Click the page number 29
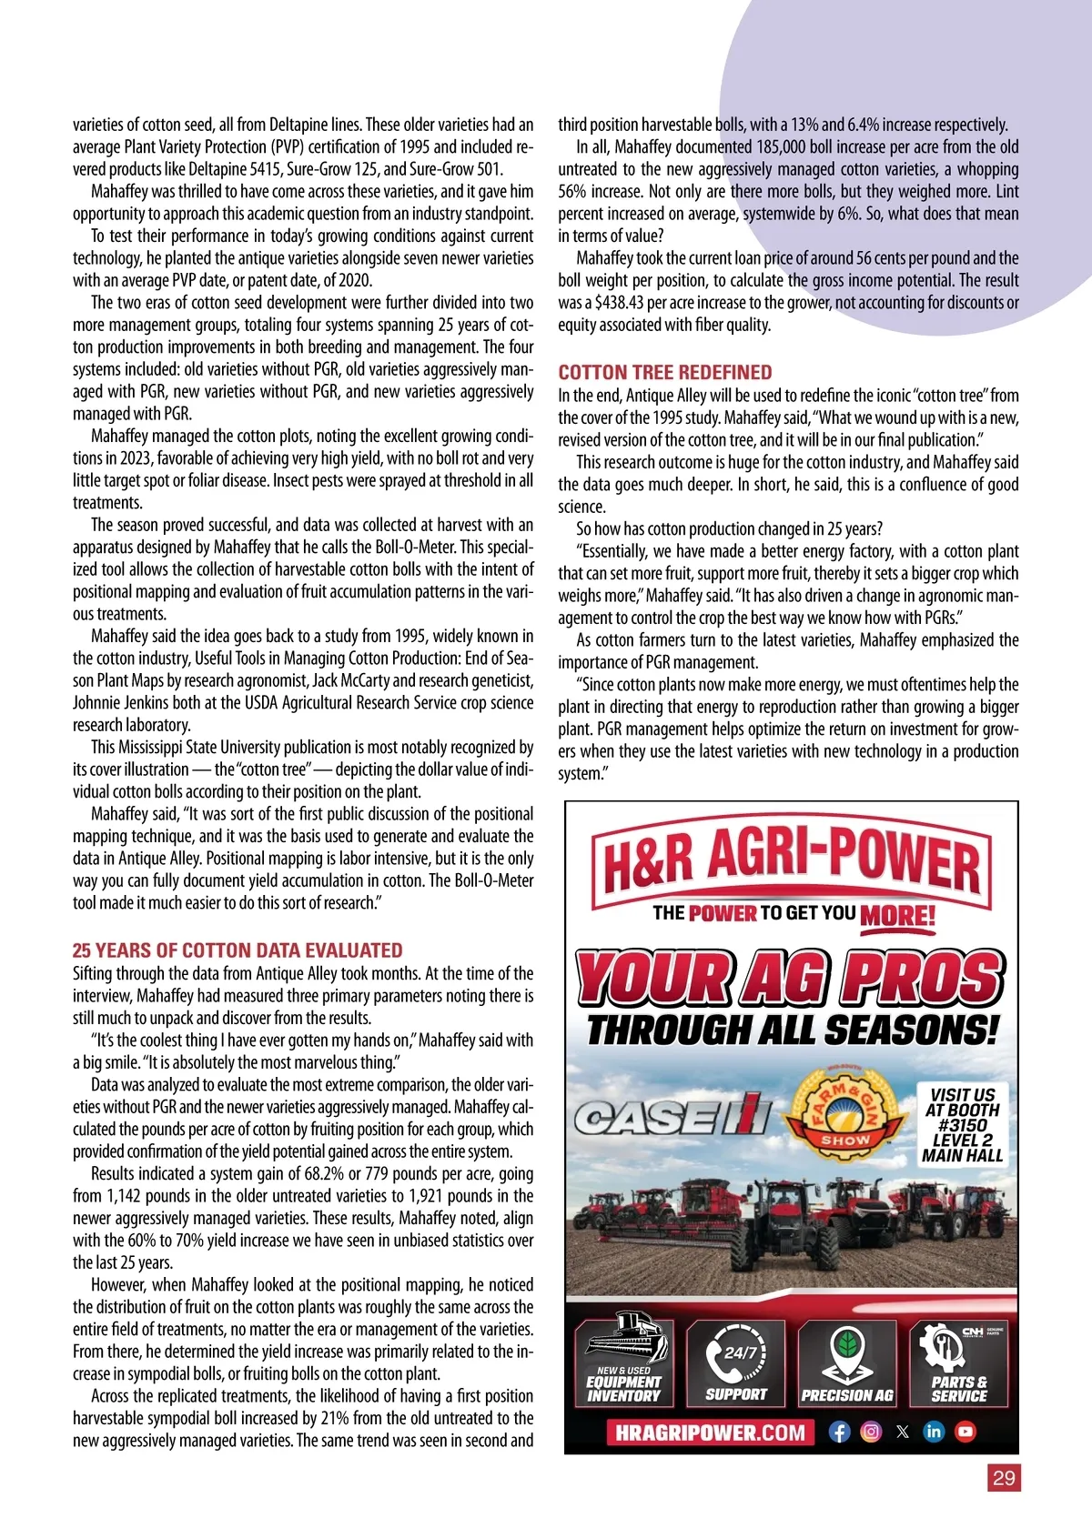click(1004, 1478)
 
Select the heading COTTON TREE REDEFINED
click(665, 372)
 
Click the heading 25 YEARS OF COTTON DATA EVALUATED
click(238, 950)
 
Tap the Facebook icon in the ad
click(839, 1432)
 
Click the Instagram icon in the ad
click(871, 1432)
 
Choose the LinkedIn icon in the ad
click(934, 1432)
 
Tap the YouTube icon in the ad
click(966, 1432)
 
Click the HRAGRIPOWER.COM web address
click(711, 1432)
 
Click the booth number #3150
click(963, 1125)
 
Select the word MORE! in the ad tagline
click(897, 915)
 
